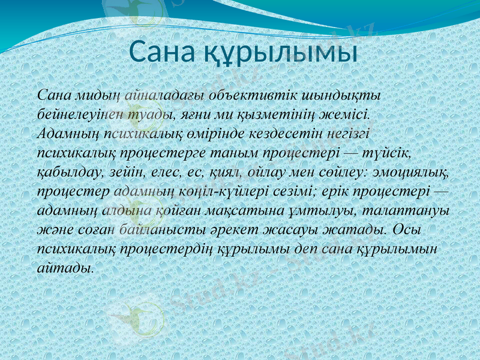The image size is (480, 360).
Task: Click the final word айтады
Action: (x=65, y=268)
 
